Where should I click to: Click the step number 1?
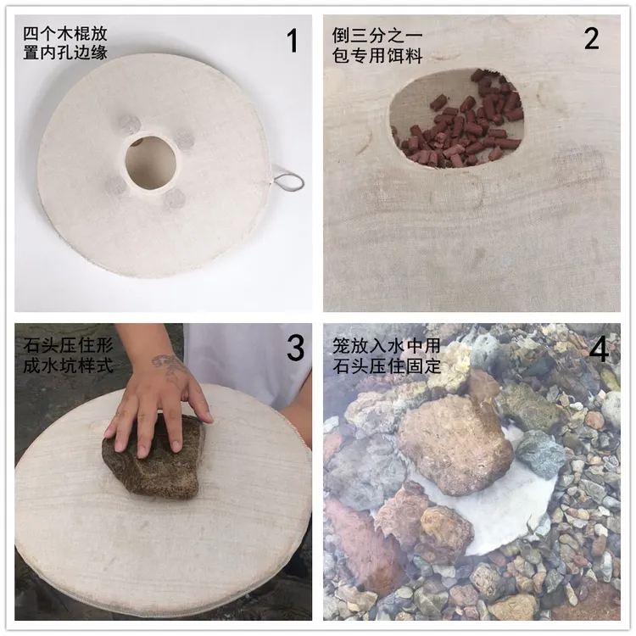point(292,41)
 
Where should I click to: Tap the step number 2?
point(591,39)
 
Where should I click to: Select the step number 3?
point(295,348)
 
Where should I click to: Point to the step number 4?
point(599,349)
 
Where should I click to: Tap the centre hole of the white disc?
point(150,162)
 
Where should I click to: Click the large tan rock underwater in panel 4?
point(455,444)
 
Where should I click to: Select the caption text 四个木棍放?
point(65,34)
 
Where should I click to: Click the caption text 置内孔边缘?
point(65,53)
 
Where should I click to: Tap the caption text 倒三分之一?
point(377,36)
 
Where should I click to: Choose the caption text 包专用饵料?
point(377,56)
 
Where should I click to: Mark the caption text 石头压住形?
point(68,346)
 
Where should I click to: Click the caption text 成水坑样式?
point(68,365)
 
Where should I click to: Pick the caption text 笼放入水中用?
point(386,346)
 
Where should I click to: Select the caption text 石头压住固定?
point(386,365)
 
